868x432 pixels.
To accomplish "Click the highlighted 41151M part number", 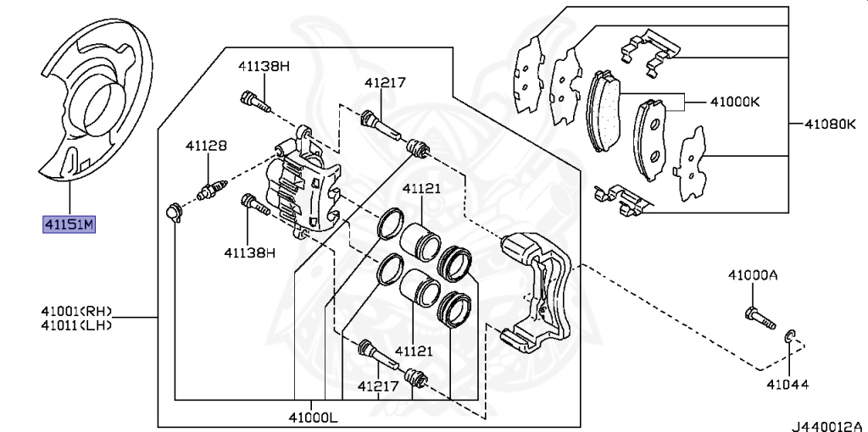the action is point(70,225).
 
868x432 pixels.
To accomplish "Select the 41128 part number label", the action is point(206,146).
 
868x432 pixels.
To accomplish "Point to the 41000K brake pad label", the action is point(735,102).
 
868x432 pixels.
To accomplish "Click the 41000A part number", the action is point(753,274).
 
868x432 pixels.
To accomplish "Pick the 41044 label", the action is point(787,384).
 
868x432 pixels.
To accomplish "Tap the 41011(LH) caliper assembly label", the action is point(76,325).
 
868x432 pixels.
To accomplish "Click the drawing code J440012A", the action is point(829,426).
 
